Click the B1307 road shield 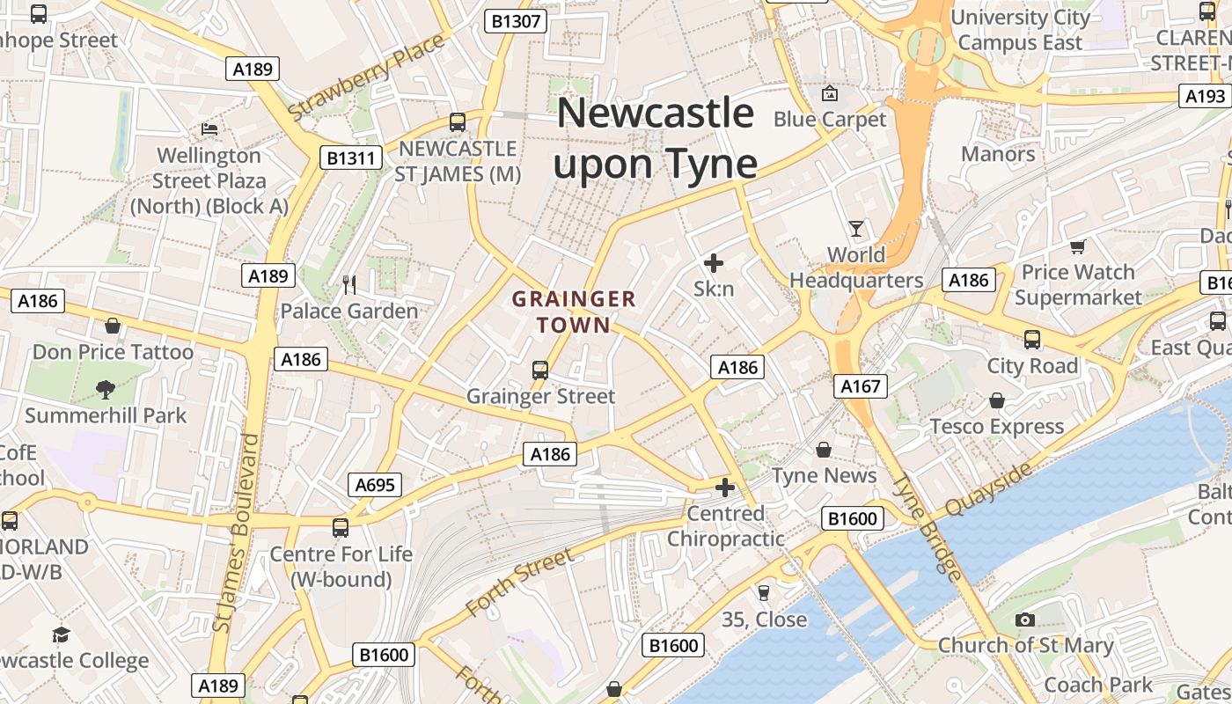pos(516,21)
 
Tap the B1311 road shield pos(350,158)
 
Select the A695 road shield pos(375,484)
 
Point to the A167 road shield pos(860,385)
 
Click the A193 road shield pos(1205,96)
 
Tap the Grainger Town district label pos(574,312)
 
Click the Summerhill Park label pos(106,414)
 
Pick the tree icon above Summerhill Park pos(106,388)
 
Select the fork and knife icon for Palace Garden pos(349,284)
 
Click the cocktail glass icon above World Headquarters pos(856,230)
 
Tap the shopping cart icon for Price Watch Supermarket pos(1078,246)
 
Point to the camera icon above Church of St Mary pos(1025,620)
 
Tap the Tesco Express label pos(997,427)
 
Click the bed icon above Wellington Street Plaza pos(209,128)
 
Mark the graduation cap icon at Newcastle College pos(61,634)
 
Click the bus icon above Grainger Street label pos(540,370)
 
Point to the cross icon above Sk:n pos(714,262)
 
